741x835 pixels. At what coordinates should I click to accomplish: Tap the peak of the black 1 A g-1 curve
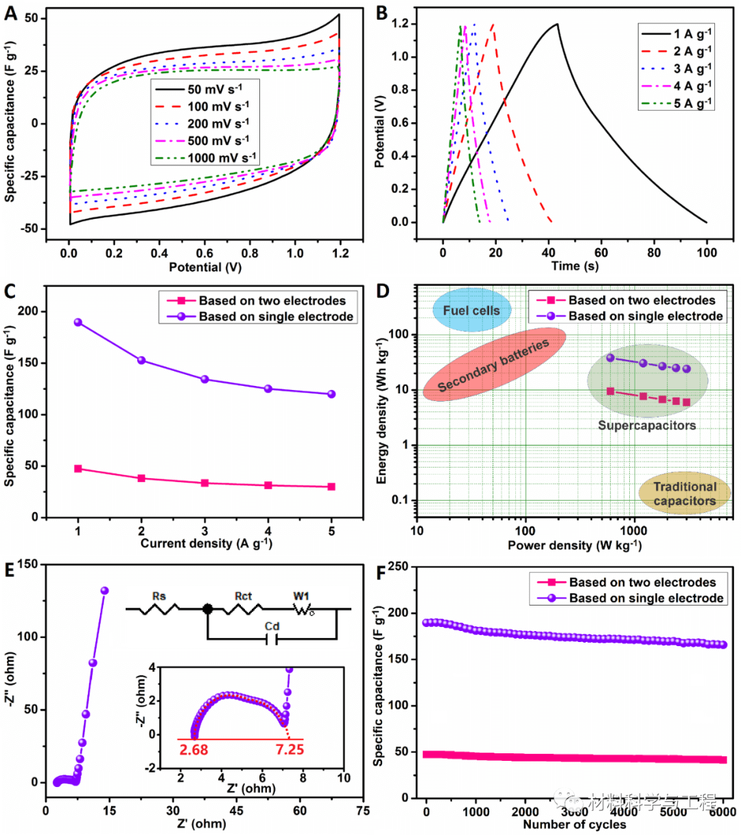click(556, 25)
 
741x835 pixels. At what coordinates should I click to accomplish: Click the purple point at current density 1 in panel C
click(78, 322)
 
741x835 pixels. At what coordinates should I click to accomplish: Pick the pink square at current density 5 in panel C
click(331, 487)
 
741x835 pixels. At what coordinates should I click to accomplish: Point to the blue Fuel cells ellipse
click(471, 310)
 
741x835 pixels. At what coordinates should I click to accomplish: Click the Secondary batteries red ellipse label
click(494, 365)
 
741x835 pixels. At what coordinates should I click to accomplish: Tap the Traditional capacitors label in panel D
click(684, 494)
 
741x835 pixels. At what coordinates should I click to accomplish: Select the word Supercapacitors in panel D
click(646, 425)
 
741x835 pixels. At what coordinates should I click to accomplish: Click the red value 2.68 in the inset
click(193, 748)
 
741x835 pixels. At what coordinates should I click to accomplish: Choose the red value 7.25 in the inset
click(290, 748)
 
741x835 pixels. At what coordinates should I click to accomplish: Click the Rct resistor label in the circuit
click(243, 596)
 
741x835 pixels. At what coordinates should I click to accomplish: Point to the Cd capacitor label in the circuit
click(272, 626)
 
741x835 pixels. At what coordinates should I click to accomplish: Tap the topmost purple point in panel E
click(105, 591)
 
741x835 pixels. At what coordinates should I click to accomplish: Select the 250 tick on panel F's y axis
click(398, 567)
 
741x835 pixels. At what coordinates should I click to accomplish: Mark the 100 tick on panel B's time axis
click(707, 252)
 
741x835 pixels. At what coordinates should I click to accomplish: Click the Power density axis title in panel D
click(574, 545)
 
